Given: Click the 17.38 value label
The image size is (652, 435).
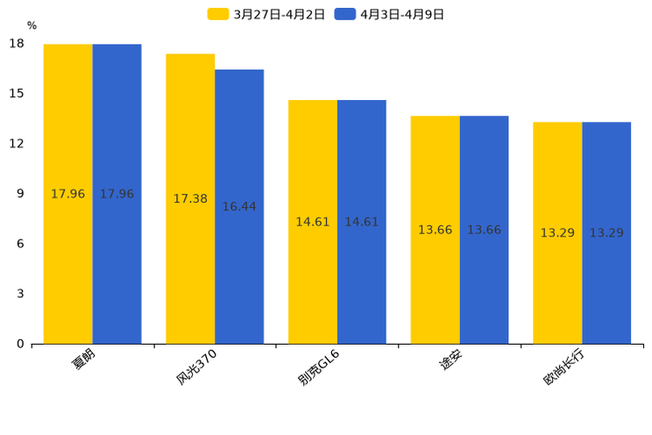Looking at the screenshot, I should [x=190, y=199].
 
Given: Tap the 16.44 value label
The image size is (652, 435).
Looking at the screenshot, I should [x=239, y=207].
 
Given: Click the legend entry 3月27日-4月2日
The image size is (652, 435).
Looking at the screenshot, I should [x=266, y=14].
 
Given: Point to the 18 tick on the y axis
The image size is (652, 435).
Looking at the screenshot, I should [x=17, y=44].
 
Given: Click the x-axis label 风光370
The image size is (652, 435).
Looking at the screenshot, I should [x=196, y=367].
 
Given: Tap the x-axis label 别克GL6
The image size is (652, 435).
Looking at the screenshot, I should [x=318, y=367].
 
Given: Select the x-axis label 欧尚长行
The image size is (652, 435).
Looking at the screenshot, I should [x=563, y=367].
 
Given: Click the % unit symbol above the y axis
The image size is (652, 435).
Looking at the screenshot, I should [x=32, y=25].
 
